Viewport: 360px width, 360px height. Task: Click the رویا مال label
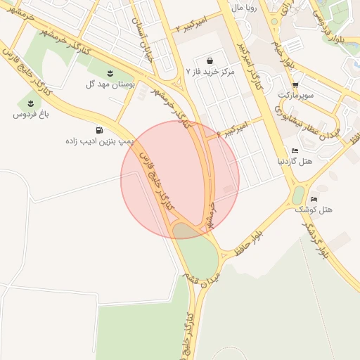(246, 8)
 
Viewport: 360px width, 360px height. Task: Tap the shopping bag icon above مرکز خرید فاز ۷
(212, 60)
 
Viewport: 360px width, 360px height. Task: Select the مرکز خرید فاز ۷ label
(213, 72)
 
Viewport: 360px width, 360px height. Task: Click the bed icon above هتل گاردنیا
(295, 150)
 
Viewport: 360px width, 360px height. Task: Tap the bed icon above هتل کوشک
(314, 200)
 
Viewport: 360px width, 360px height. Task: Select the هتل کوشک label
(320, 210)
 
